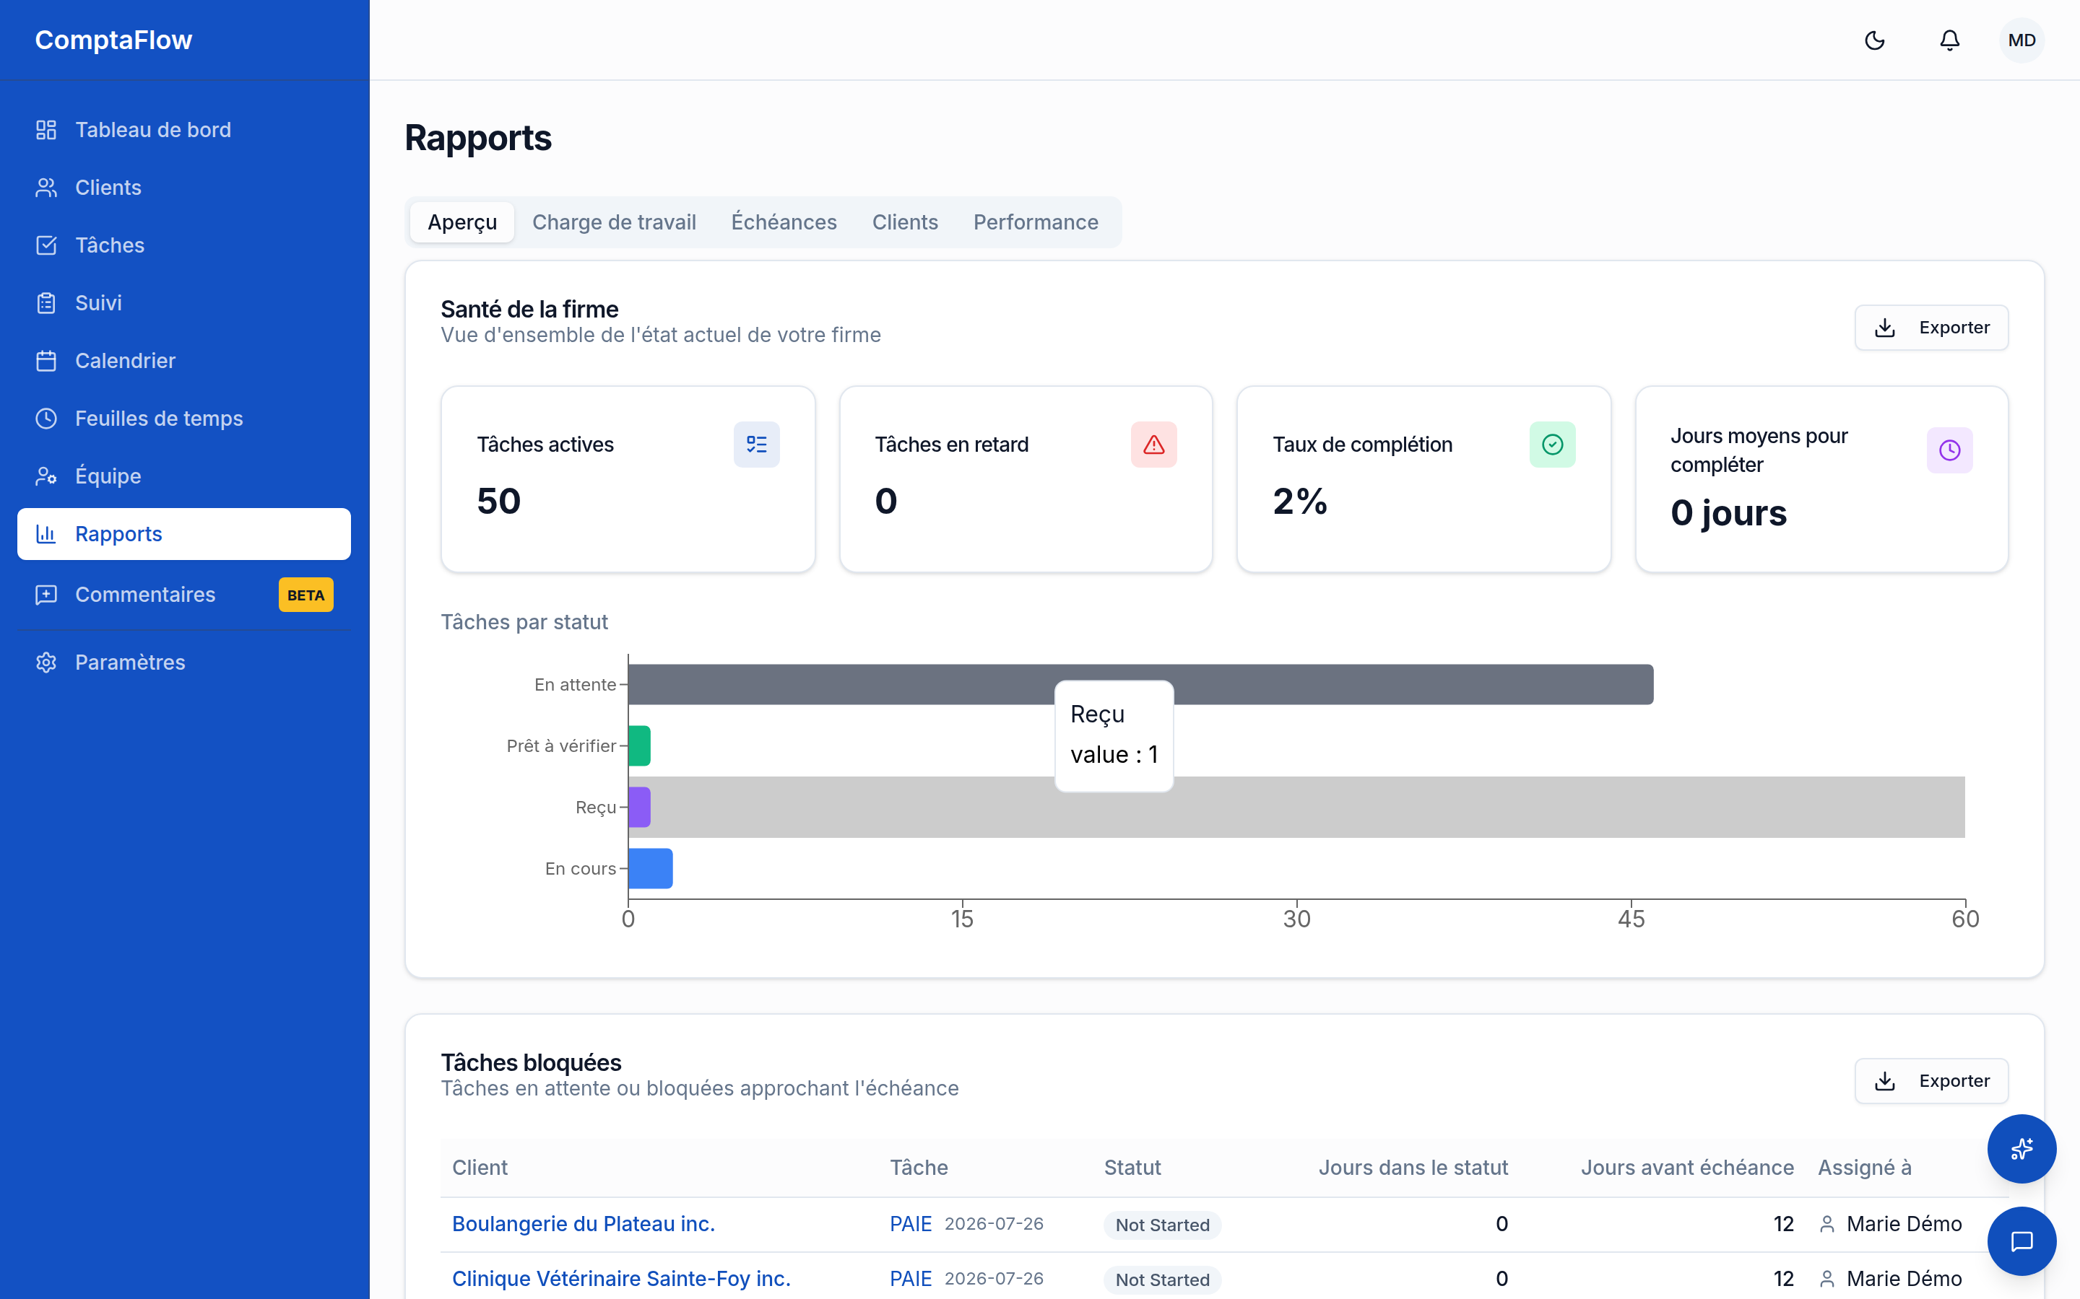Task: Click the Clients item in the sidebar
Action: [108, 188]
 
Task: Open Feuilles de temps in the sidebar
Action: [159, 419]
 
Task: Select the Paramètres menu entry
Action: [130, 662]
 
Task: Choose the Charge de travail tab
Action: [614, 222]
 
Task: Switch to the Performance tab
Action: [1036, 222]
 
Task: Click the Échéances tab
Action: [784, 222]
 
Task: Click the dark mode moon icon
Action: [1875, 40]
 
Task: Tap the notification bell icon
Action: [1949, 40]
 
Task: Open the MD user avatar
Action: [2021, 40]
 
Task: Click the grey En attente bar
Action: [1140, 685]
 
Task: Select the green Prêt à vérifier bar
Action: [639, 745]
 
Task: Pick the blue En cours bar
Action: [651, 869]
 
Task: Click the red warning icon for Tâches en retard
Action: [1153, 444]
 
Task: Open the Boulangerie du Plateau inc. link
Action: [584, 1223]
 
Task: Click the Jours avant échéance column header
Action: [1687, 1168]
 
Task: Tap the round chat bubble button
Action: [2021, 1241]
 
